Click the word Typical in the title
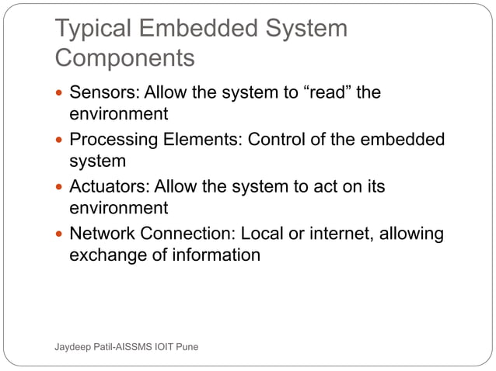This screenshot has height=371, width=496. (x=94, y=29)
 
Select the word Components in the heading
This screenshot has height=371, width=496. (x=125, y=59)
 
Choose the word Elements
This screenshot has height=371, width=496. (x=199, y=140)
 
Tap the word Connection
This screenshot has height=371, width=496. (x=186, y=234)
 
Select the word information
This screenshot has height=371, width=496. (x=215, y=255)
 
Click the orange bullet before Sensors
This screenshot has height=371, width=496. (x=60, y=94)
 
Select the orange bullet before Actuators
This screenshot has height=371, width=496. (x=60, y=188)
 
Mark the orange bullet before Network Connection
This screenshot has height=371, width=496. (x=60, y=234)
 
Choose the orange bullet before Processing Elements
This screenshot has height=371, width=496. (x=60, y=140)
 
